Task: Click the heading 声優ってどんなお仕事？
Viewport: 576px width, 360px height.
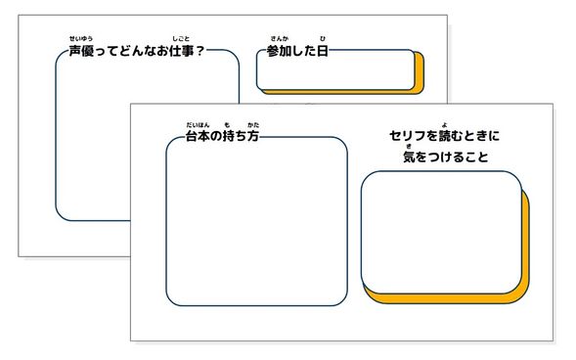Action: point(136,51)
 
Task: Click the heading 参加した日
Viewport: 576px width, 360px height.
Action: point(298,51)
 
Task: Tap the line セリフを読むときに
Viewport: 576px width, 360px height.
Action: point(444,138)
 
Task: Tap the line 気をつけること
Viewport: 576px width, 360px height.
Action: point(444,157)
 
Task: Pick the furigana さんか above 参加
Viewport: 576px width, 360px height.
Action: point(280,39)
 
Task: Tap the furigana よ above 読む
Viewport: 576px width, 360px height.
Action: point(444,125)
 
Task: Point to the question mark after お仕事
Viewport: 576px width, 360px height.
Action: point(199,51)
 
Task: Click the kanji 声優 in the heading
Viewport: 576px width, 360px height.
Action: point(81,51)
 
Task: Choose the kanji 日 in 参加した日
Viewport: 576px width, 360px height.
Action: point(323,51)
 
